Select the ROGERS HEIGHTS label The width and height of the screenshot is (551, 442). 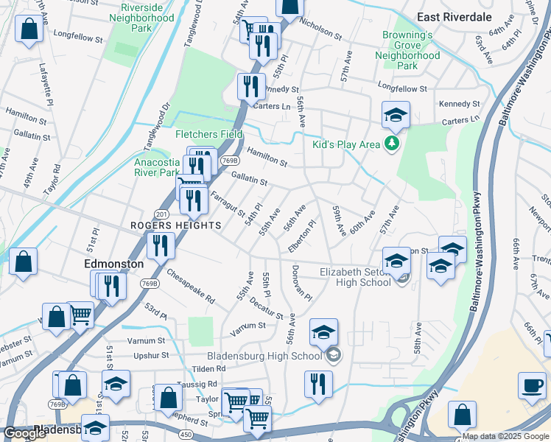point(175,225)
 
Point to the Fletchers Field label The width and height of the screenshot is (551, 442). point(209,134)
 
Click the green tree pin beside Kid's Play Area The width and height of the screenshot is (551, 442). point(393,144)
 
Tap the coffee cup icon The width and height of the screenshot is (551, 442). point(531,386)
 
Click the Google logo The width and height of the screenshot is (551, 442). point(24,433)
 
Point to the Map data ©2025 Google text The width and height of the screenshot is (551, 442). point(505,436)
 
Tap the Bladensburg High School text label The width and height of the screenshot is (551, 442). point(265,356)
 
